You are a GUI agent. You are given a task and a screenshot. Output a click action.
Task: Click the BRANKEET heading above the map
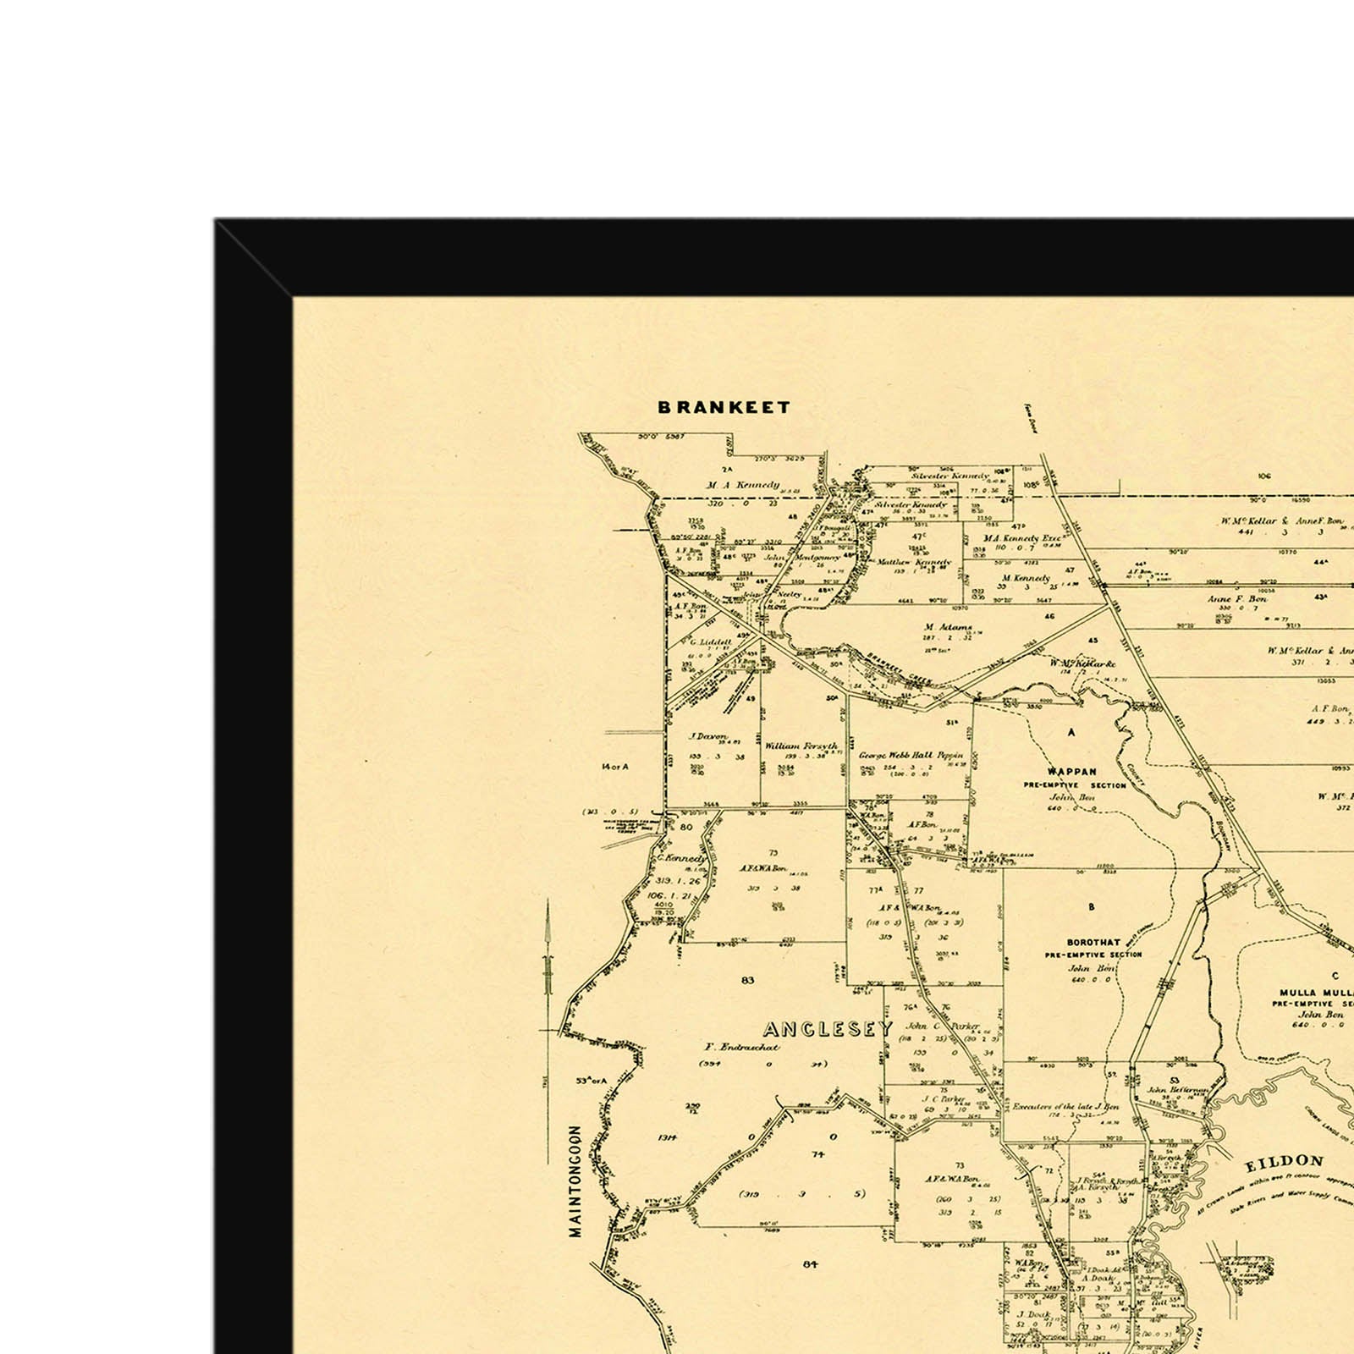pyautogui.click(x=724, y=407)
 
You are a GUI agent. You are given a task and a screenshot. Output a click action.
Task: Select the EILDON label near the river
pyautogui.click(x=1284, y=1163)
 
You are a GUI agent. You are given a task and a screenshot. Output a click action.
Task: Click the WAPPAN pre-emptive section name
pyautogui.click(x=1071, y=772)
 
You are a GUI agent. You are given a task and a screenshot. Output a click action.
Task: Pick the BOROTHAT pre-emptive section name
pyautogui.click(x=1093, y=942)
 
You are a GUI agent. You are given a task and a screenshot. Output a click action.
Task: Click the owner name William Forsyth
pyautogui.click(x=801, y=746)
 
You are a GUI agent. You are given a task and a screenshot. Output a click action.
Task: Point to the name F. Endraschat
pyautogui.click(x=742, y=1047)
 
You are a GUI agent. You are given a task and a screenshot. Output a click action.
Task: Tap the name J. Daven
pyautogui.click(x=708, y=736)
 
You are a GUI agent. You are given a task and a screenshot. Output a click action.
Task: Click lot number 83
pyautogui.click(x=746, y=980)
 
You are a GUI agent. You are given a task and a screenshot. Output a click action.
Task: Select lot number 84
pyautogui.click(x=811, y=1264)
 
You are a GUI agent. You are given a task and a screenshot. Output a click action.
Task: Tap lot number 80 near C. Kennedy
pyautogui.click(x=685, y=827)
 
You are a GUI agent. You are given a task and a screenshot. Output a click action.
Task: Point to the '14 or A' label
pyautogui.click(x=615, y=767)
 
